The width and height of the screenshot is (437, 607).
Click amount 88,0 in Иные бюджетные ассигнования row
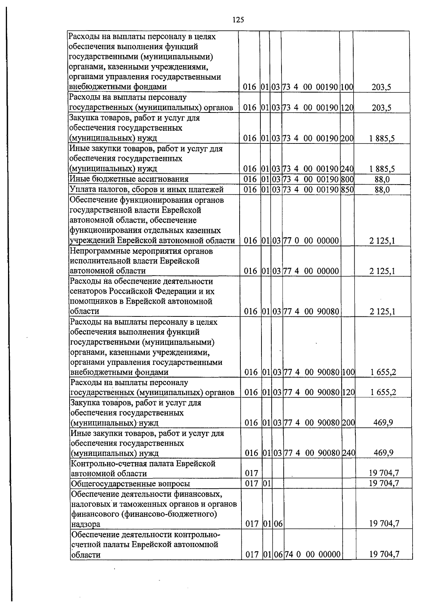[x=382, y=179]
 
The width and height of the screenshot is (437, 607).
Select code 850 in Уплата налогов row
[x=347, y=189]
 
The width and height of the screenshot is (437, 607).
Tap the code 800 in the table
[x=347, y=179]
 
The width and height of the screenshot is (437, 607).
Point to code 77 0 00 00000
[x=311, y=241]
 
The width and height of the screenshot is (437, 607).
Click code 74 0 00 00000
[x=312, y=555]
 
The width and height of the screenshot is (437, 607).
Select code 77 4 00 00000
[x=311, y=271]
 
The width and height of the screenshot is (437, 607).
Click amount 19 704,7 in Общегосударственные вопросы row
[x=384, y=483]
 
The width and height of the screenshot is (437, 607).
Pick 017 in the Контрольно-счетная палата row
[x=252, y=473]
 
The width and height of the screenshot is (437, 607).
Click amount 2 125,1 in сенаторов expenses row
[x=382, y=311]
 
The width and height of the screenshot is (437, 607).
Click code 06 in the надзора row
[x=278, y=524]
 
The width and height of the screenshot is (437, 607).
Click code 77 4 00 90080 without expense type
[x=311, y=311]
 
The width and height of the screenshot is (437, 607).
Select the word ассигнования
[x=165, y=179]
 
